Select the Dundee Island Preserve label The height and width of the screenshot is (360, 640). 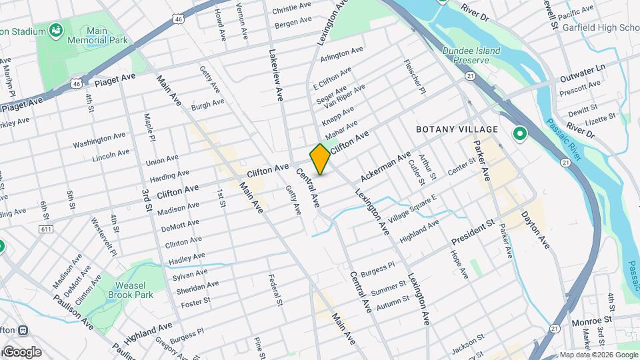(466, 55)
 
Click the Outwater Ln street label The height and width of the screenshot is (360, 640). (582, 69)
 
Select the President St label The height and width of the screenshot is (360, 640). (473, 231)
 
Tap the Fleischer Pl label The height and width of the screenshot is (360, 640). (411, 77)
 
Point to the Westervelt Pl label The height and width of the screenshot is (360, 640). (103, 237)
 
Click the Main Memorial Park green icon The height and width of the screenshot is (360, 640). (55, 30)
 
